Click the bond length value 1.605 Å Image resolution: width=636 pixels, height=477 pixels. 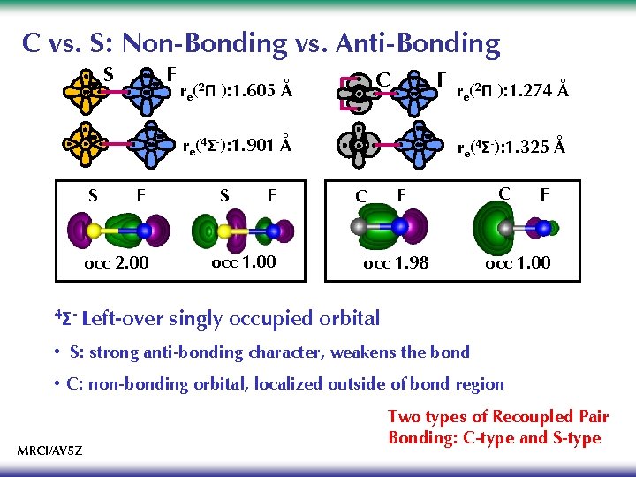coord(262,90)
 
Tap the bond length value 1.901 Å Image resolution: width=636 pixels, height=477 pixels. coord(261,146)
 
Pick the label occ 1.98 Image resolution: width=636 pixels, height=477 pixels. coord(397,262)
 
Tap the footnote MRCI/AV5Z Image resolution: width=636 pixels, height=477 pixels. coord(50,450)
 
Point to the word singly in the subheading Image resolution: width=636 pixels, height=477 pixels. coord(201,319)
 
